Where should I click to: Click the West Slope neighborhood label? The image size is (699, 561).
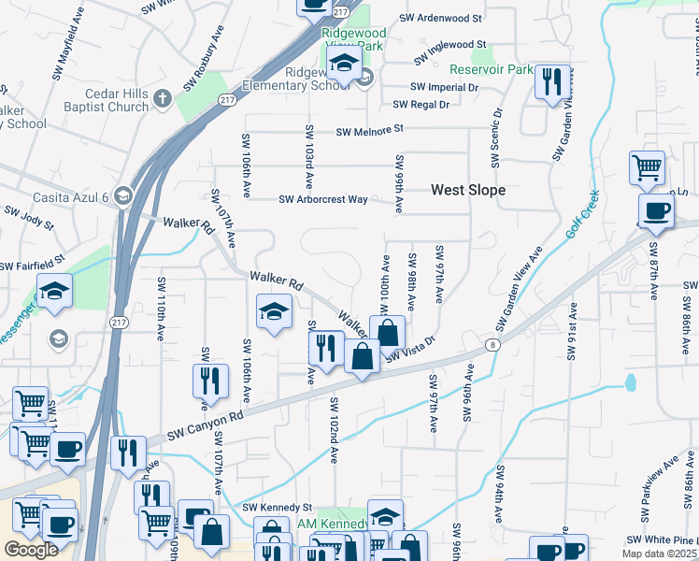tap(467, 190)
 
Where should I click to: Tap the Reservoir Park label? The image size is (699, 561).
tap(491, 70)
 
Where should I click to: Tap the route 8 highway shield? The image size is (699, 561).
tap(492, 346)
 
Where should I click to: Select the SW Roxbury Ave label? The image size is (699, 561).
tap(205, 59)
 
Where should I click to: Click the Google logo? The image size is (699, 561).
tap(31, 550)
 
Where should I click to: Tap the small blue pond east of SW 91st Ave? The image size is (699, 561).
tap(632, 381)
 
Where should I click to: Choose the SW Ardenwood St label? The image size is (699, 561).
tap(440, 18)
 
